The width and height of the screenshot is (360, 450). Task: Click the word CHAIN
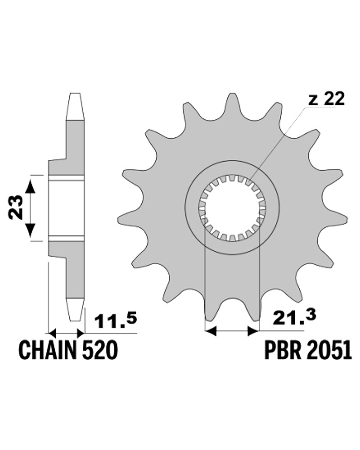coord(48,350)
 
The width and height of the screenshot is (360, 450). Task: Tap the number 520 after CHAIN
coord(100,350)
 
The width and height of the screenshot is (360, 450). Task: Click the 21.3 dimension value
coord(294,317)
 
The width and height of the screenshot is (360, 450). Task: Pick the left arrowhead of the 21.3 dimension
coord(211,332)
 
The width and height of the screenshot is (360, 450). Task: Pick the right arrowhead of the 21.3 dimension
coord(252,332)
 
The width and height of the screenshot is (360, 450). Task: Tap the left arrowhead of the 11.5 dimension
coord(52,333)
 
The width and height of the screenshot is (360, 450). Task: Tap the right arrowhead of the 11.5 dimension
coord(81,333)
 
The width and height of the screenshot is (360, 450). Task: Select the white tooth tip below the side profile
coord(75,310)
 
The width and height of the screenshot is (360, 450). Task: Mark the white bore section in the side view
coord(67,208)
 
